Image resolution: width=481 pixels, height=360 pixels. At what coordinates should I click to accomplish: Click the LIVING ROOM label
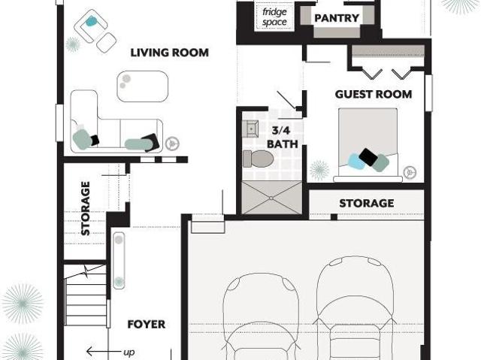[x=170, y=53]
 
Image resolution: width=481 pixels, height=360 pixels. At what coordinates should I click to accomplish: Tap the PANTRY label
[x=337, y=18]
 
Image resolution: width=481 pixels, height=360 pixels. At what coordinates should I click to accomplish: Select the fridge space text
[x=274, y=17]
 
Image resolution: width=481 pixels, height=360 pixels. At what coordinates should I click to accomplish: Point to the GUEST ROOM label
[x=374, y=94]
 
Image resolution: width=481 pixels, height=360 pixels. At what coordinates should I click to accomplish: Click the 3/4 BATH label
[x=283, y=138]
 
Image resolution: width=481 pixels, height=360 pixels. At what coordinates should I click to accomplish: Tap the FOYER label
[x=147, y=324]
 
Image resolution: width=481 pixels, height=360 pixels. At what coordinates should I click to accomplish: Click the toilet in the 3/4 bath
[x=258, y=159]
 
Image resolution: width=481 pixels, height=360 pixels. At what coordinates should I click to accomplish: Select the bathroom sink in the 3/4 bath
[x=250, y=129]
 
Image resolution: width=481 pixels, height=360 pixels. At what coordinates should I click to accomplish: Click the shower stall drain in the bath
[x=271, y=198]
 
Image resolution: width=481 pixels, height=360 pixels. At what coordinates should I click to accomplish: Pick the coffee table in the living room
[x=143, y=86]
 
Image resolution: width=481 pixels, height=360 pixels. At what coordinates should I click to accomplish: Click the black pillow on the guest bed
[x=368, y=156]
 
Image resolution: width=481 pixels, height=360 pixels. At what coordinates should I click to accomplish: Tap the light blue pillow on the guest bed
[x=356, y=162]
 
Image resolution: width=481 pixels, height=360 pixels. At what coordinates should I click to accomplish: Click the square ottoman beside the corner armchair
[x=107, y=43]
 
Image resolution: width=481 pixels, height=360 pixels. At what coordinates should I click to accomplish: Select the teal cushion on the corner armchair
[x=91, y=21]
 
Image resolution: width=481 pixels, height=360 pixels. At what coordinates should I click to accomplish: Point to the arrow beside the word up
[x=103, y=352]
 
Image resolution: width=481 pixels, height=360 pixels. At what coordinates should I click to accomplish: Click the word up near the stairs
[x=129, y=352]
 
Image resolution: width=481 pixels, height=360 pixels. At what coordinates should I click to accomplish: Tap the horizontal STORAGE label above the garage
[x=367, y=204]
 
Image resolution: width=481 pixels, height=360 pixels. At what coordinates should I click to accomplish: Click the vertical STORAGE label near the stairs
[x=85, y=208]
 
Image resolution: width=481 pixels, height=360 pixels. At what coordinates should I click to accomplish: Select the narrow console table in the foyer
[x=119, y=261]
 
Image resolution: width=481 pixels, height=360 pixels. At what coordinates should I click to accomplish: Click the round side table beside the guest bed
[x=410, y=172]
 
